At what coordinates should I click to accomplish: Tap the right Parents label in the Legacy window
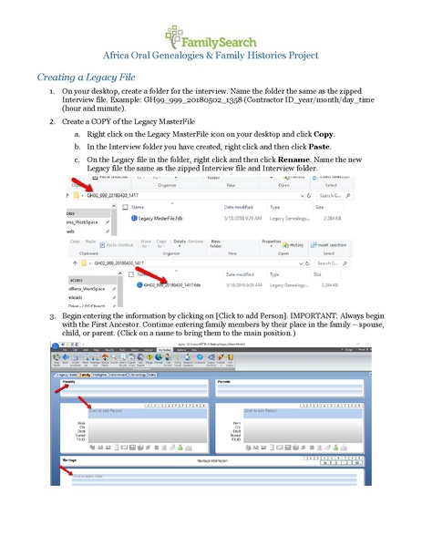[x=224, y=382]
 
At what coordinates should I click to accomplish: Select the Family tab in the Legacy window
[x=85, y=374]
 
